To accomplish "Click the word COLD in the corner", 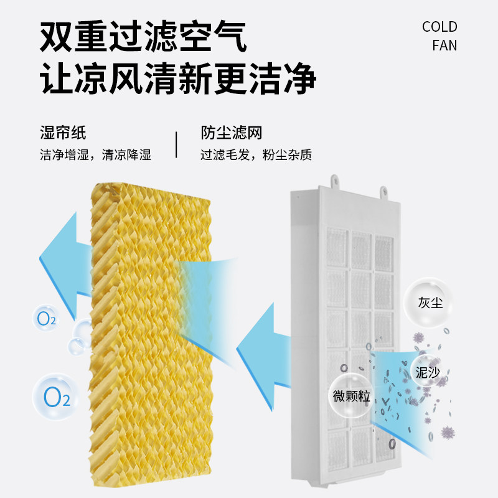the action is point(439,27).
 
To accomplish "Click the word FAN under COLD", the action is point(444,45).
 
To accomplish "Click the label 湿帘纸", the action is point(62,132).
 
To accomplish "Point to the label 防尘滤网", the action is point(231,132).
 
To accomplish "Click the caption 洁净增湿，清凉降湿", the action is point(95,154).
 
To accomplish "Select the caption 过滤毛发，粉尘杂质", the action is point(256,154).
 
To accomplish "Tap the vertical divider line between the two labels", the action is point(176,144).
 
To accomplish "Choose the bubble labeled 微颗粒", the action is point(352,395).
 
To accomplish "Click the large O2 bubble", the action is point(55,396).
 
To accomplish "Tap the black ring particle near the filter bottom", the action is point(392,444).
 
